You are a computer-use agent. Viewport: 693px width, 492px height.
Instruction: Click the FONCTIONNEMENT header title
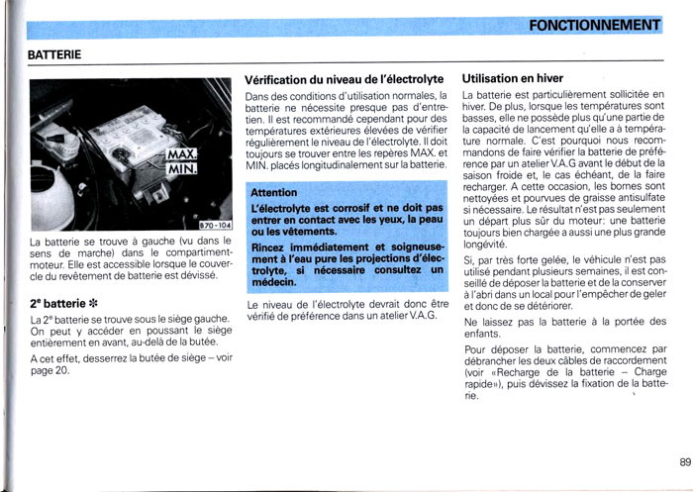tap(594, 25)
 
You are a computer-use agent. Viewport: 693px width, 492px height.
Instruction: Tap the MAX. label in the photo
tap(181, 154)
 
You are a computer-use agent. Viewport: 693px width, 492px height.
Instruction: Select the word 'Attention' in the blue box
tap(274, 192)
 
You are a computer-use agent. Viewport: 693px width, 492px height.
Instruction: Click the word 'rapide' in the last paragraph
tap(484, 384)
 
